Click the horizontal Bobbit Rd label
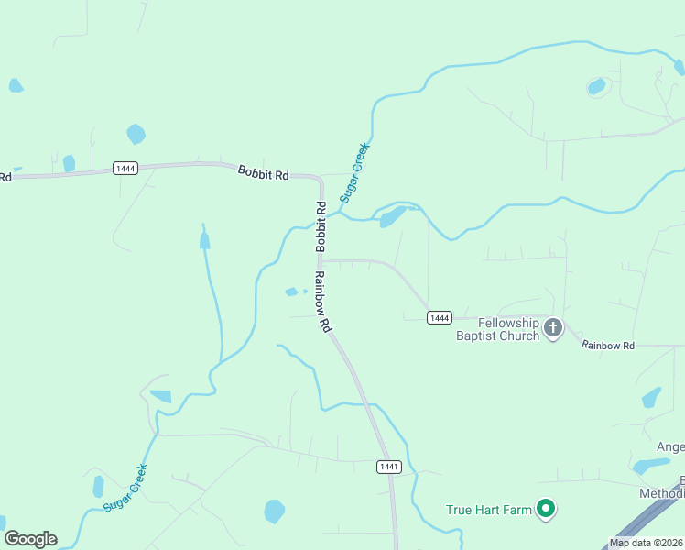[x=263, y=172]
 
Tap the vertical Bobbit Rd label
[x=321, y=226]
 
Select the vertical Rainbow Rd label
[x=321, y=302]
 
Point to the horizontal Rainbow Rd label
[x=608, y=345]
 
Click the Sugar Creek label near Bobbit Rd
[x=355, y=172]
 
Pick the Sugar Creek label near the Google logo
[x=125, y=488]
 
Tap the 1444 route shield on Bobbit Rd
[x=125, y=168]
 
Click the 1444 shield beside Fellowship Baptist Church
[x=440, y=317]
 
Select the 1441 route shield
[x=389, y=467]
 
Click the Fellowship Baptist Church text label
[x=497, y=329]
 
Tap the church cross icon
[x=552, y=327]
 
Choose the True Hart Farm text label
[x=488, y=510]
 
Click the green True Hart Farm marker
[x=546, y=508]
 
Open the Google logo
[x=30, y=539]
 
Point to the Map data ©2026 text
[x=647, y=543]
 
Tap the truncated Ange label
[x=669, y=446]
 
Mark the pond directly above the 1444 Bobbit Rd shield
[x=136, y=134]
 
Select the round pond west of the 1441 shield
[x=274, y=511]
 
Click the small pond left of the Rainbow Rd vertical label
[x=292, y=292]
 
